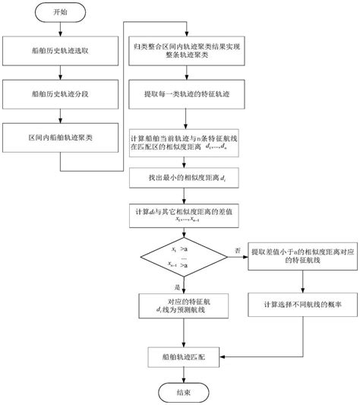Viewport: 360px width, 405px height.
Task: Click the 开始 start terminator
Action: (60, 14)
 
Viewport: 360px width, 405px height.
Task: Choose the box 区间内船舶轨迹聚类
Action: (60, 138)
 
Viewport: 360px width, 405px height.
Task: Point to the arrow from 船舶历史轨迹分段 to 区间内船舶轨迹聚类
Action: (60, 118)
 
